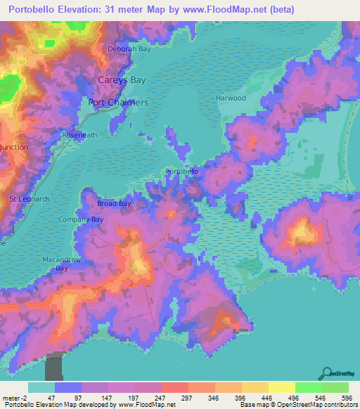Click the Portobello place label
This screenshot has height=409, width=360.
tap(181, 171)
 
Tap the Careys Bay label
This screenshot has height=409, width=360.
tap(122, 80)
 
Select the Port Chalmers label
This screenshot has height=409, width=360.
tap(119, 103)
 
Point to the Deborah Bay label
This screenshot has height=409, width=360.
tap(129, 49)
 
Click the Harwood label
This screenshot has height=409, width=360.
tap(231, 98)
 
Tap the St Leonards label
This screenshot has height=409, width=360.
tap(30, 199)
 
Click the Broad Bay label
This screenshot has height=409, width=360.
tap(114, 204)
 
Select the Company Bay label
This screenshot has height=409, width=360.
tap(80, 220)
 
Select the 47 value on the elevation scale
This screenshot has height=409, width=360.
tap(67, 398)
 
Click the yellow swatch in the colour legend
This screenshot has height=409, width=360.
tap(281, 387)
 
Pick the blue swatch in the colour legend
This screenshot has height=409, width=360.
tap(67, 387)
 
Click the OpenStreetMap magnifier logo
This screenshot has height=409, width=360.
tap(326, 373)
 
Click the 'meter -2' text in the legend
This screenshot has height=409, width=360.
tap(14, 398)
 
